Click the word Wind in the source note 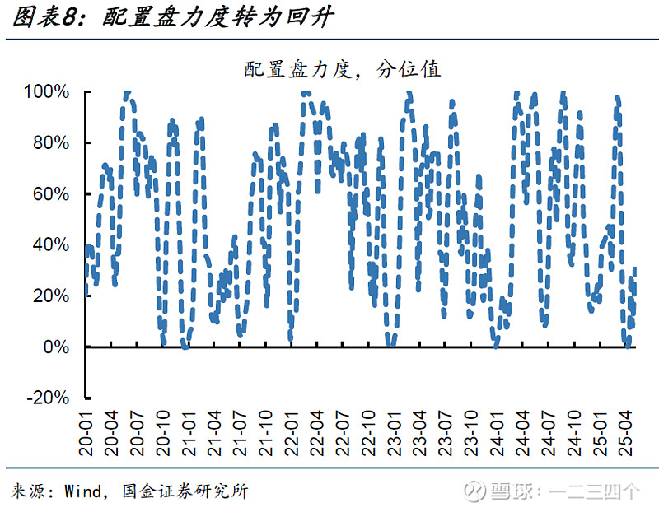(82, 492)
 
